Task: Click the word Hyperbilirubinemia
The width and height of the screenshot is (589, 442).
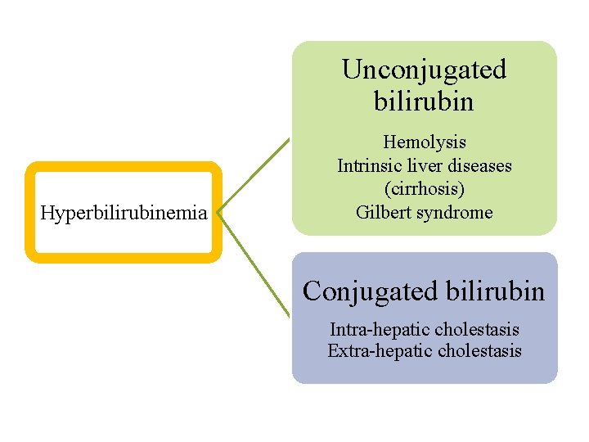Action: point(124,214)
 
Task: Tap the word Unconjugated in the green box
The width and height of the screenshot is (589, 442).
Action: point(424,70)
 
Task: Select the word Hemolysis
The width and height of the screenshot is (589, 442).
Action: point(424,143)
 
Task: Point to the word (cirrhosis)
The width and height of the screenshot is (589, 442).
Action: point(424,189)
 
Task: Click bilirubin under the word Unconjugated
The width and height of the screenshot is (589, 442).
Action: point(424,102)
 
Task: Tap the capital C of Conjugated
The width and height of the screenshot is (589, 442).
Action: point(312,291)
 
